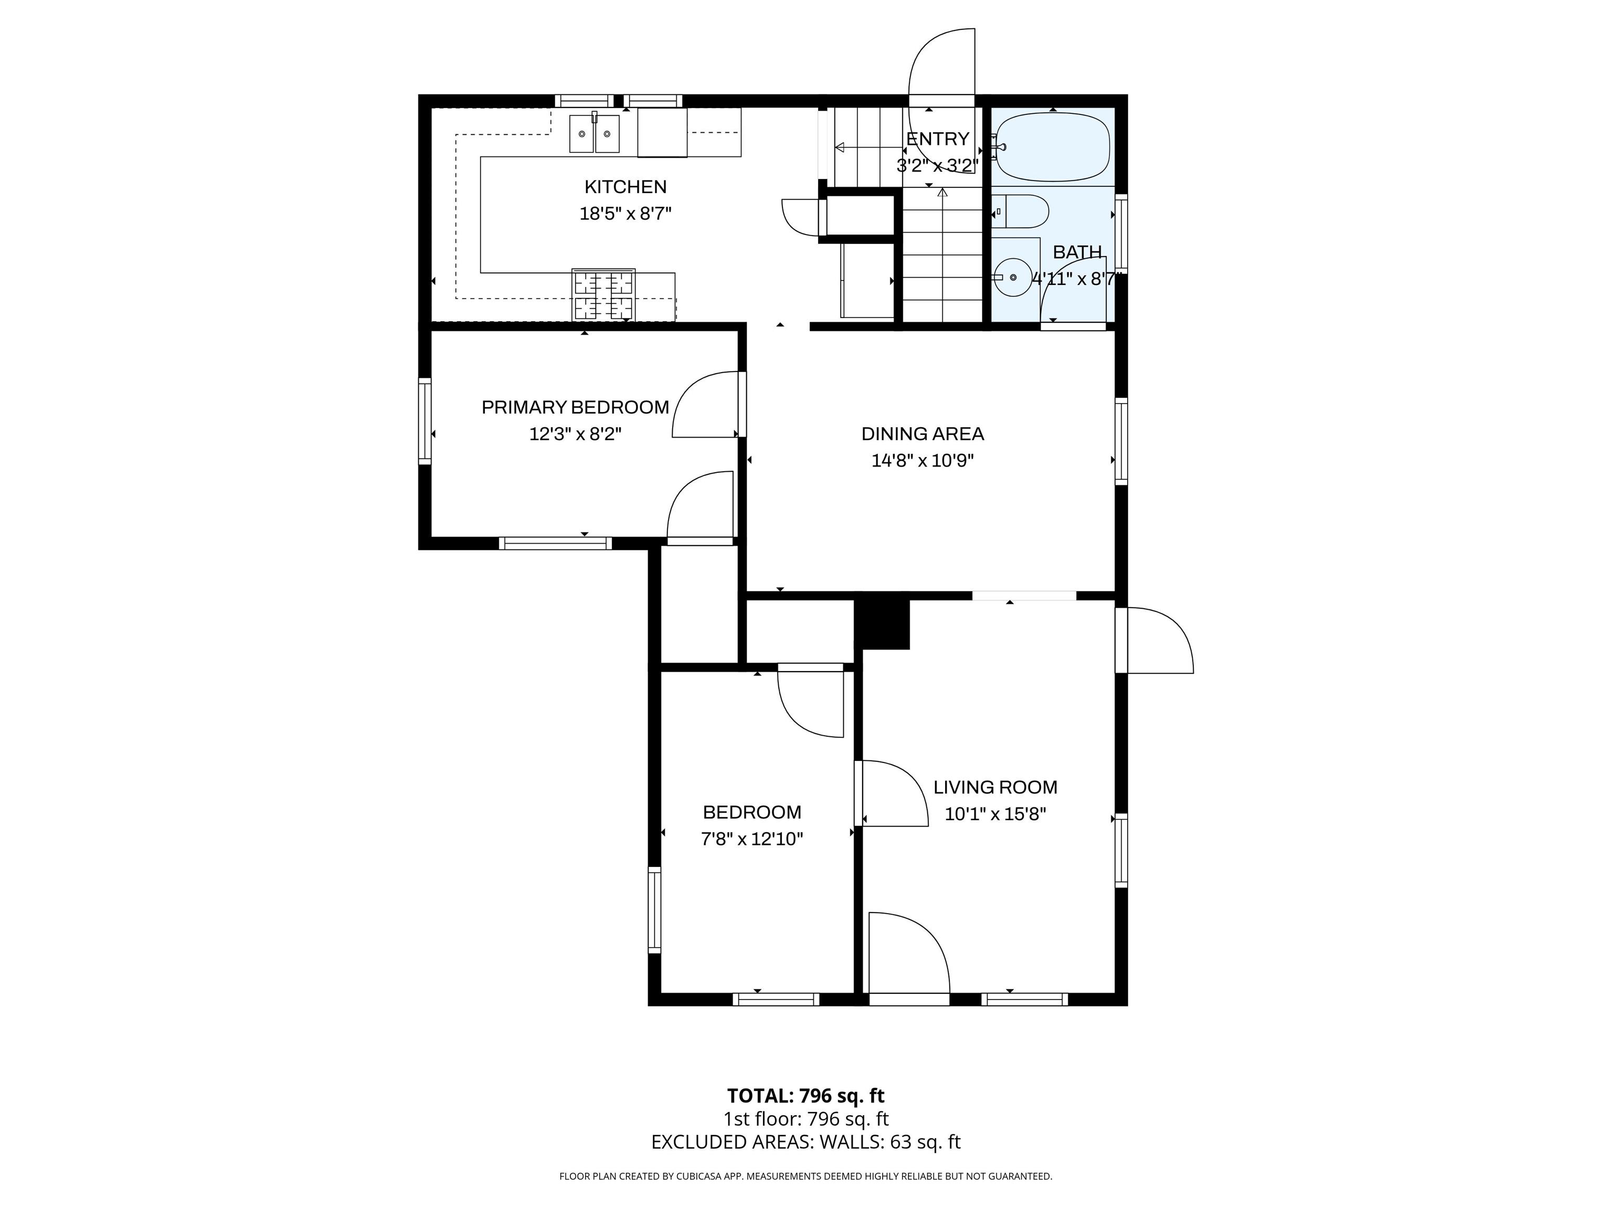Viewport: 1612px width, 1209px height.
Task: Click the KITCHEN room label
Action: (625, 187)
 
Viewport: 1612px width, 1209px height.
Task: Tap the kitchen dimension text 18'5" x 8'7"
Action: (625, 214)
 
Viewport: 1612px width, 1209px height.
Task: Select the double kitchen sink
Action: (594, 134)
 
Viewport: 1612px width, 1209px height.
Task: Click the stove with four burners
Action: (603, 295)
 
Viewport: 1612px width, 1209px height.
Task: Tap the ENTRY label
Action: (937, 139)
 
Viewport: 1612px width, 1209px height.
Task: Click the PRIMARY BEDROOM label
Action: (575, 407)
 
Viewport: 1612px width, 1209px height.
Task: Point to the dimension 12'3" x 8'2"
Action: (575, 434)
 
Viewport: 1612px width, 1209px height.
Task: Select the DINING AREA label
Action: (922, 434)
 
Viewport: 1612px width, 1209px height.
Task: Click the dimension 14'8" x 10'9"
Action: (922, 461)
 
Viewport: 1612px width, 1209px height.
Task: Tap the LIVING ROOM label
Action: (995, 787)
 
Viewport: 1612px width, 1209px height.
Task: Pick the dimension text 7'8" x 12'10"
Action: (751, 839)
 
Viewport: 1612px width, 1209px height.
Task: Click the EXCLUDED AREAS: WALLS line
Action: (805, 1141)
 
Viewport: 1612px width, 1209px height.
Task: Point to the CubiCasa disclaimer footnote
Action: (805, 1176)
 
